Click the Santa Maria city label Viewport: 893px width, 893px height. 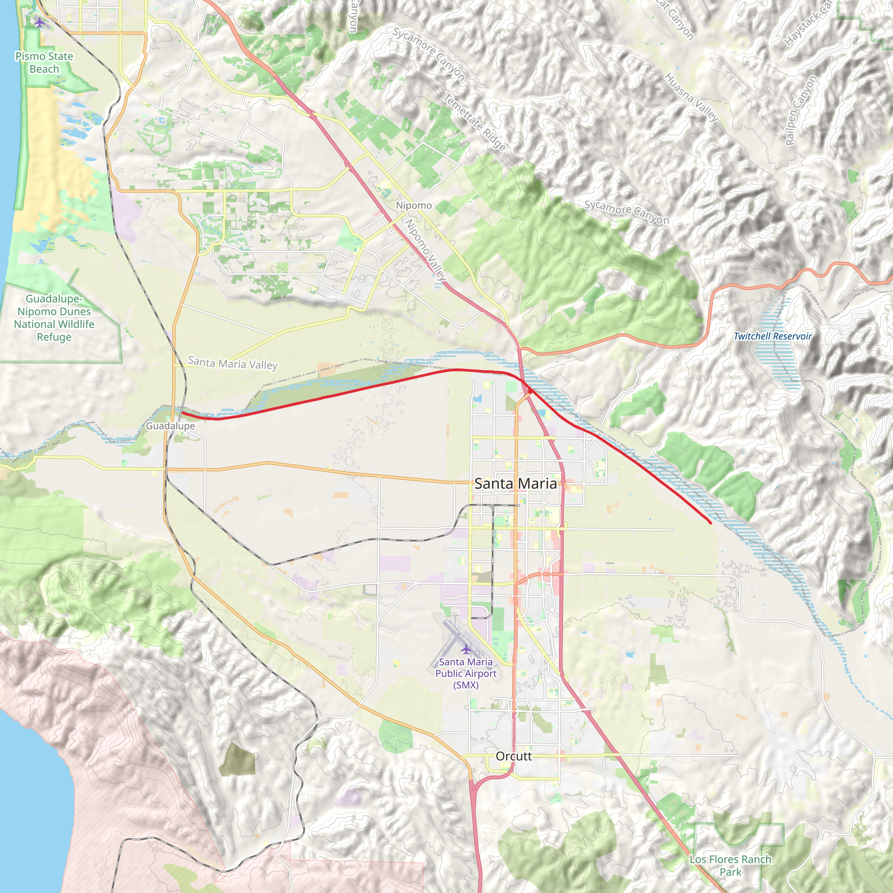click(x=515, y=484)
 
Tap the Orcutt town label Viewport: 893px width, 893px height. click(x=514, y=756)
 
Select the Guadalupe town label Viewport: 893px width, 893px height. click(x=170, y=426)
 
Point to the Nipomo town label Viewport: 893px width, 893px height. click(x=414, y=205)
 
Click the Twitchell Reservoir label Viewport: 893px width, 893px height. click(x=772, y=336)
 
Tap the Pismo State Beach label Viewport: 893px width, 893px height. click(x=44, y=62)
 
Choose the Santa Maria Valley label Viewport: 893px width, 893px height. click(x=232, y=363)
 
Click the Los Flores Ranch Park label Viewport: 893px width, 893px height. click(x=730, y=866)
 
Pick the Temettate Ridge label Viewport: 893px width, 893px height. click(x=475, y=122)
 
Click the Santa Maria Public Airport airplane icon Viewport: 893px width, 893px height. click(x=467, y=649)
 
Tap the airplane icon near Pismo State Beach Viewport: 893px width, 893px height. click(x=40, y=22)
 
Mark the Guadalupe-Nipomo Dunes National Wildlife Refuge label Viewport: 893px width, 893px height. click(x=54, y=317)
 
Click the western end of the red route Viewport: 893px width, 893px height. click(x=182, y=412)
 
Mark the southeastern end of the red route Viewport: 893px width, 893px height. click(x=710, y=523)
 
